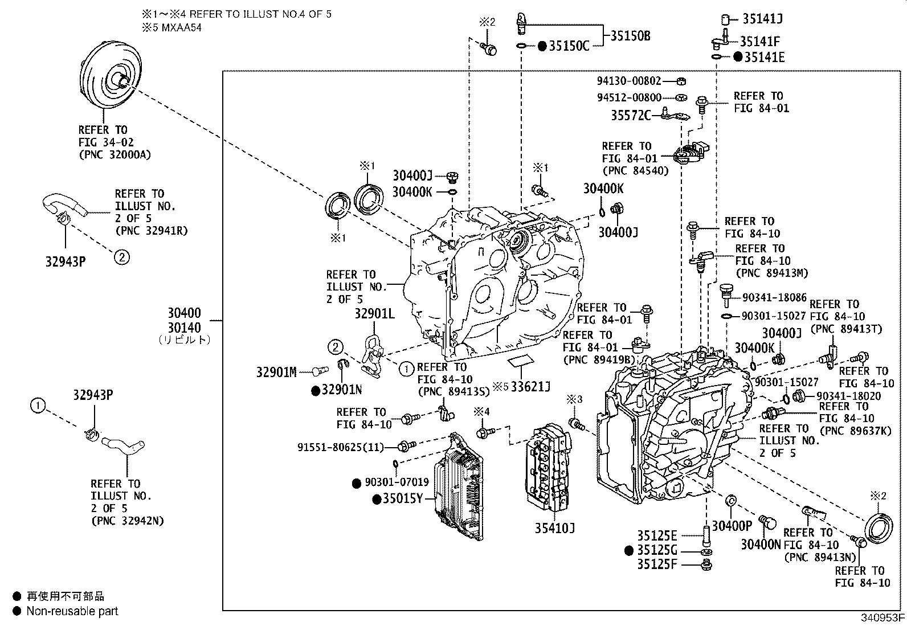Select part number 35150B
click(630, 36)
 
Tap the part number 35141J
click(762, 19)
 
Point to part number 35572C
click(631, 116)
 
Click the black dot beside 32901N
click(315, 390)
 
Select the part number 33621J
click(530, 387)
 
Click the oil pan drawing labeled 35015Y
click(459, 487)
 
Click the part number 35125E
click(657, 536)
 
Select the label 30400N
click(761, 545)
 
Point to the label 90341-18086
click(774, 297)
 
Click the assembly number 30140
click(184, 328)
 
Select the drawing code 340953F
click(882, 617)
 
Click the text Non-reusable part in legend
click(72, 611)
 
